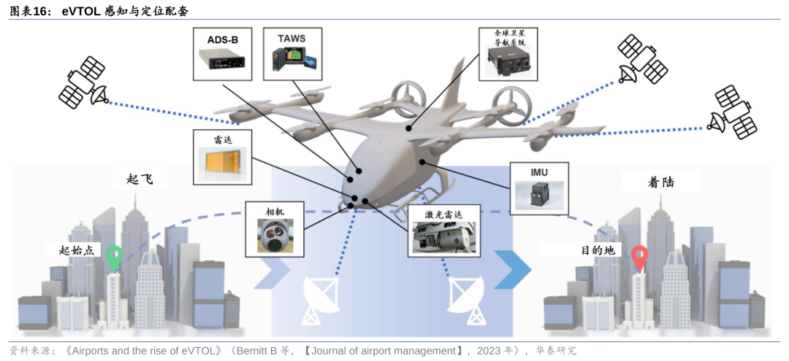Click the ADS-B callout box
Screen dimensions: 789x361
222,54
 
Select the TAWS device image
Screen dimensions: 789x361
292,59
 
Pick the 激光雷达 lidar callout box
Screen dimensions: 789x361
443,231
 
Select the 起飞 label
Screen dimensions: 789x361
139,179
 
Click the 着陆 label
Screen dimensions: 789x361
660,182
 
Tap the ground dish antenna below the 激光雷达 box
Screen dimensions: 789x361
466,300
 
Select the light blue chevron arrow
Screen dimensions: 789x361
272,270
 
